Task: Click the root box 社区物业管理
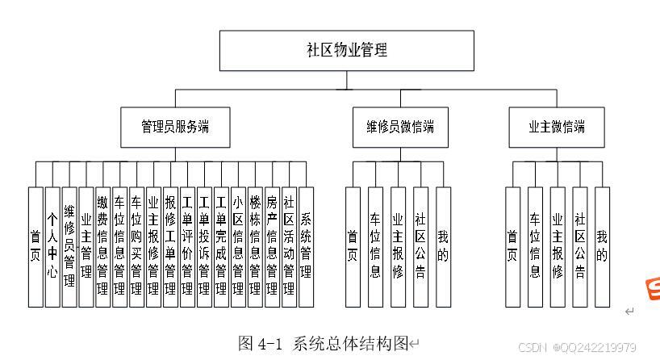coord(347,50)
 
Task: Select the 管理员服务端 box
coord(175,127)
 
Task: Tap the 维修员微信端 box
coord(399,127)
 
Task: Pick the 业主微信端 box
coord(557,127)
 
